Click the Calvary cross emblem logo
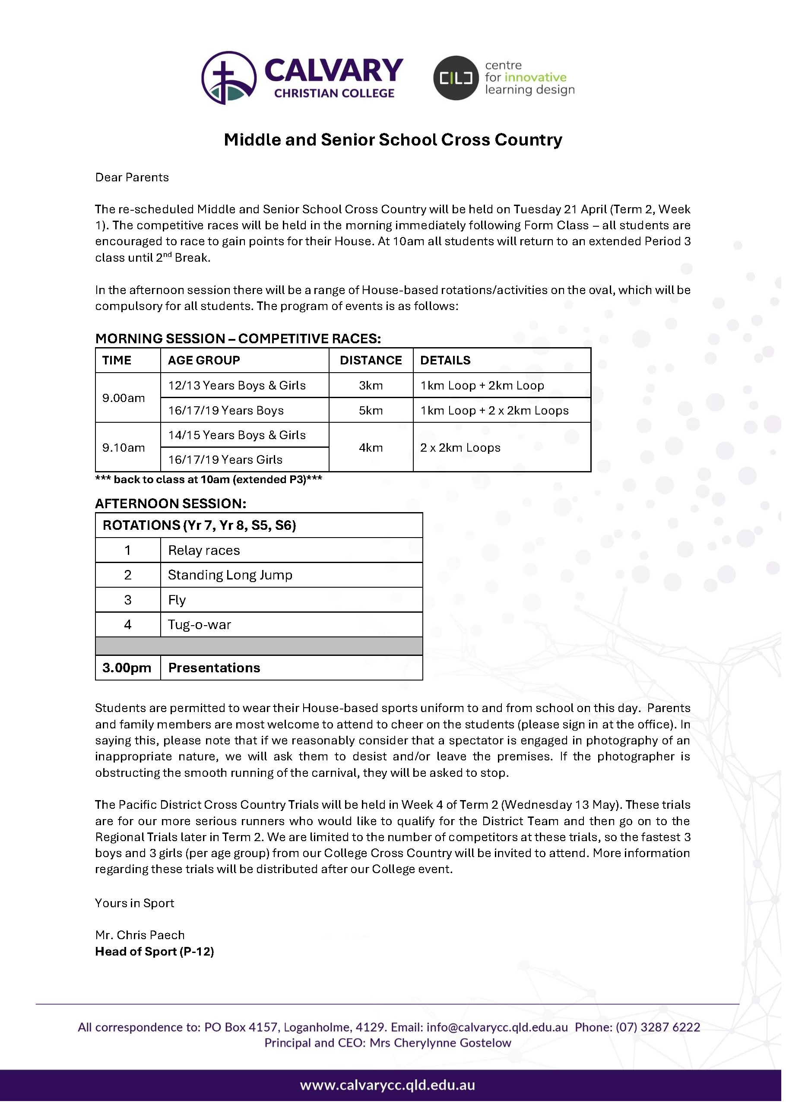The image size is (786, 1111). click(x=229, y=78)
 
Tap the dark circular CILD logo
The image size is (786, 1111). click(x=456, y=78)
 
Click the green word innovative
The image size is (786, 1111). click(x=535, y=77)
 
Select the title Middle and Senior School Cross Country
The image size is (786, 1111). click(x=393, y=140)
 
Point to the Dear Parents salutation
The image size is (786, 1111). click(x=132, y=177)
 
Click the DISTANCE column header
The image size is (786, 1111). click(x=371, y=361)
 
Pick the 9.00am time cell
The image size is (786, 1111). click(x=124, y=398)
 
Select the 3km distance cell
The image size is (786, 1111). click(x=371, y=386)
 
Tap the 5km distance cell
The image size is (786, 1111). click(x=371, y=411)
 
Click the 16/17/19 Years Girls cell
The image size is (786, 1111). click(x=225, y=460)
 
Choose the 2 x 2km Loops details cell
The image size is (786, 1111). click(x=460, y=448)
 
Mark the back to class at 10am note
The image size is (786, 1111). click(x=209, y=480)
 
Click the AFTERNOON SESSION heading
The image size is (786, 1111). click(x=170, y=504)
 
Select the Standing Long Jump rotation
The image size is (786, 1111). click(x=230, y=575)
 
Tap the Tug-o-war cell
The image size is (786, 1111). click(x=200, y=625)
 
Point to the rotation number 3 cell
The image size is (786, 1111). click(x=128, y=600)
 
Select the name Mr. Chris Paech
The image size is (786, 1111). click(x=140, y=935)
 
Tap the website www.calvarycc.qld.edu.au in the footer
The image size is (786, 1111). click(x=387, y=1086)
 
